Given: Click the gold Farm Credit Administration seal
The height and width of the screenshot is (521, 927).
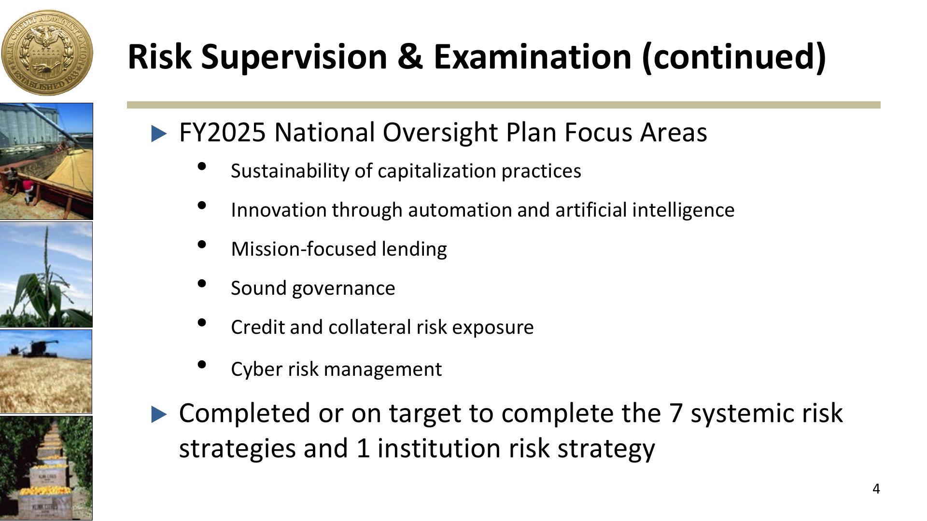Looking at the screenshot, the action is [x=47, y=53].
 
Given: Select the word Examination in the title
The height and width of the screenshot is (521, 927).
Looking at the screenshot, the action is [x=533, y=56].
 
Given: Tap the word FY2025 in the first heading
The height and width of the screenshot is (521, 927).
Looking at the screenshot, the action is [x=222, y=132].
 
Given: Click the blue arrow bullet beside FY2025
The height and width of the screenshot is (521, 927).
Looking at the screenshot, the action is [x=159, y=134].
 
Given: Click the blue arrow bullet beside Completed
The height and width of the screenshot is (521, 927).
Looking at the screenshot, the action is [x=159, y=414].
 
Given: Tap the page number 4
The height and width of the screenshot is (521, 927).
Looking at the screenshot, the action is [x=876, y=489].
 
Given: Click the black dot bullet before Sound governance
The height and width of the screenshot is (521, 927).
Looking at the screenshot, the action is [x=202, y=284].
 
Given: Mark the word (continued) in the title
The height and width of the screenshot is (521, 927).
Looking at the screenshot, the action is [x=734, y=56].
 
